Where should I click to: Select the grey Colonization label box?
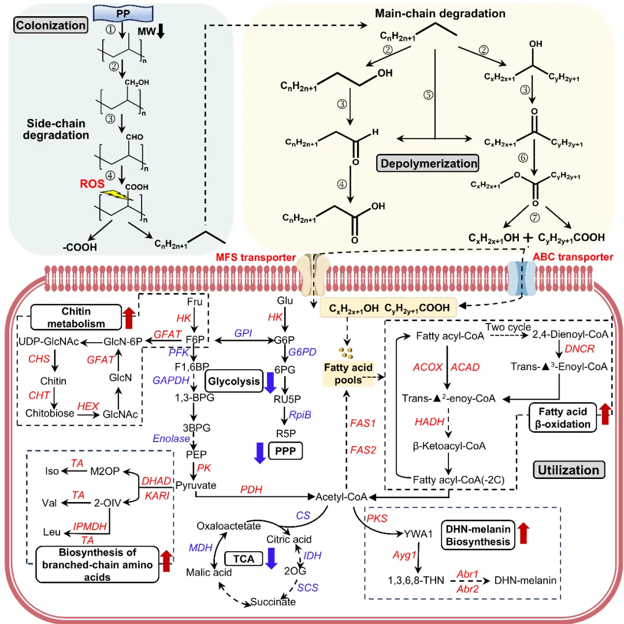(51, 25)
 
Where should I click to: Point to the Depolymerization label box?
(428, 163)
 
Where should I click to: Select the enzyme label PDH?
(251, 490)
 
